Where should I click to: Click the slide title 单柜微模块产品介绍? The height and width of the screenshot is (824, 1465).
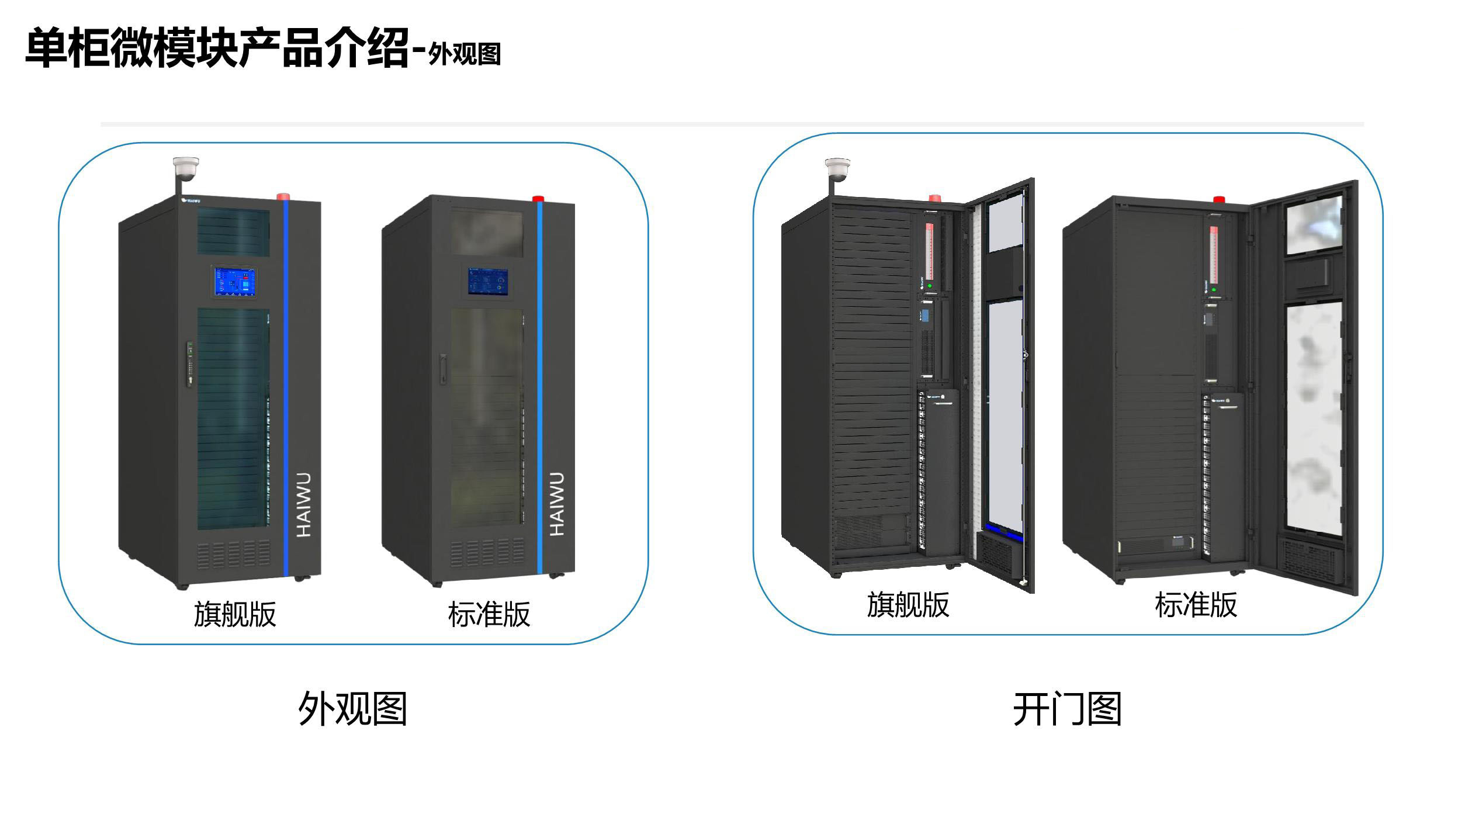pyautogui.click(x=216, y=48)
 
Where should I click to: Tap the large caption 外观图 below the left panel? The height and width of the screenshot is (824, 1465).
pyautogui.click(x=352, y=709)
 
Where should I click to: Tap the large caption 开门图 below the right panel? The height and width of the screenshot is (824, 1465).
pyautogui.click(x=1067, y=709)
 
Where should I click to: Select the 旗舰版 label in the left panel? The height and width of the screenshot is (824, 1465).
pyautogui.click(x=235, y=614)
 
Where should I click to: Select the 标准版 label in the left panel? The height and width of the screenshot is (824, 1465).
pyautogui.click(x=489, y=614)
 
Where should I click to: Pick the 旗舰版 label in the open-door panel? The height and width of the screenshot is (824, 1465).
pyautogui.click(x=908, y=604)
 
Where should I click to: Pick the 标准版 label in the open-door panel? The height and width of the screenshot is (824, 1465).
pyautogui.click(x=1196, y=604)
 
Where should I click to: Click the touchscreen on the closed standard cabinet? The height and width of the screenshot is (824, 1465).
pyautogui.click(x=488, y=281)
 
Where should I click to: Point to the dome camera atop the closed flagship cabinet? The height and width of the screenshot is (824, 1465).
pyautogui.click(x=186, y=169)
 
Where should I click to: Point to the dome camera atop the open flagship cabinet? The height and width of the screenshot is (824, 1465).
pyautogui.click(x=837, y=169)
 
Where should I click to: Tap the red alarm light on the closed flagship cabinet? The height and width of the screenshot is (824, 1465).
pyautogui.click(x=284, y=196)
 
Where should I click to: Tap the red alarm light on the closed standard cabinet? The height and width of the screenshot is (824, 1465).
pyautogui.click(x=538, y=198)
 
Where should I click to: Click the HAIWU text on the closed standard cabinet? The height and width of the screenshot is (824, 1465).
pyautogui.click(x=557, y=504)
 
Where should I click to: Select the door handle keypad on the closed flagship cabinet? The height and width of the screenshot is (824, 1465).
pyautogui.click(x=191, y=362)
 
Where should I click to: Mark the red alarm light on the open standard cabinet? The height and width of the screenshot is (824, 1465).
pyautogui.click(x=1219, y=199)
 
